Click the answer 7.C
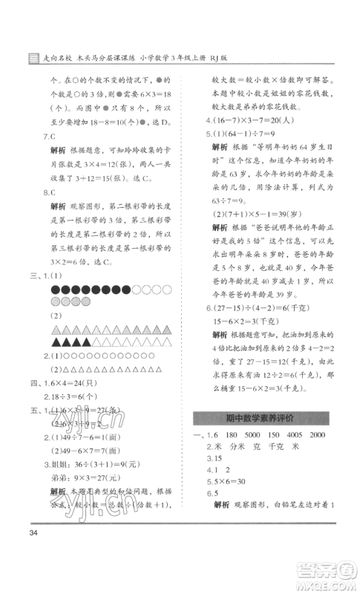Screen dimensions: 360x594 click(x=51, y=136)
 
